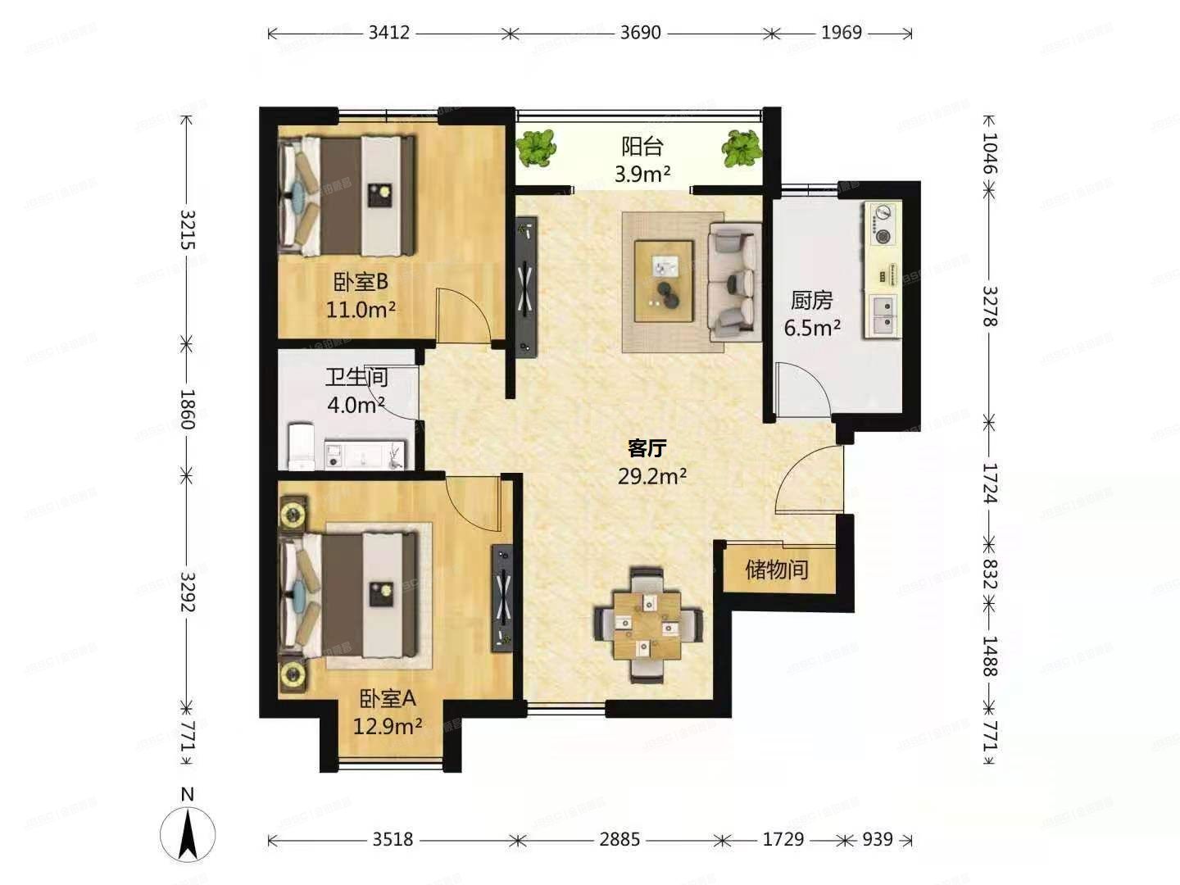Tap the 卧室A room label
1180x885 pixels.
[x=388, y=699]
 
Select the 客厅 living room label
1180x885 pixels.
[x=647, y=448]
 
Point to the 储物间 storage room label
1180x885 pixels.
[x=777, y=569]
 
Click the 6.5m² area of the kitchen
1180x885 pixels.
[x=812, y=329]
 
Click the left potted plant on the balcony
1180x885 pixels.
[x=536, y=147]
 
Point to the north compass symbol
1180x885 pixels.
[x=188, y=833]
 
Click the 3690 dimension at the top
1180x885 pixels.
[x=640, y=33]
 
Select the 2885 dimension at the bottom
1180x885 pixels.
[x=619, y=840]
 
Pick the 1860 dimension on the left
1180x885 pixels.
[x=187, y=409]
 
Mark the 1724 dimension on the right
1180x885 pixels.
[x=990, y=483]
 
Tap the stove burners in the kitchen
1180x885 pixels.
[x=882, y=225]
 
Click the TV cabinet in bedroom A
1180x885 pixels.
[x=503, y=597]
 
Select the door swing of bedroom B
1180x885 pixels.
[x=463, y=315]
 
